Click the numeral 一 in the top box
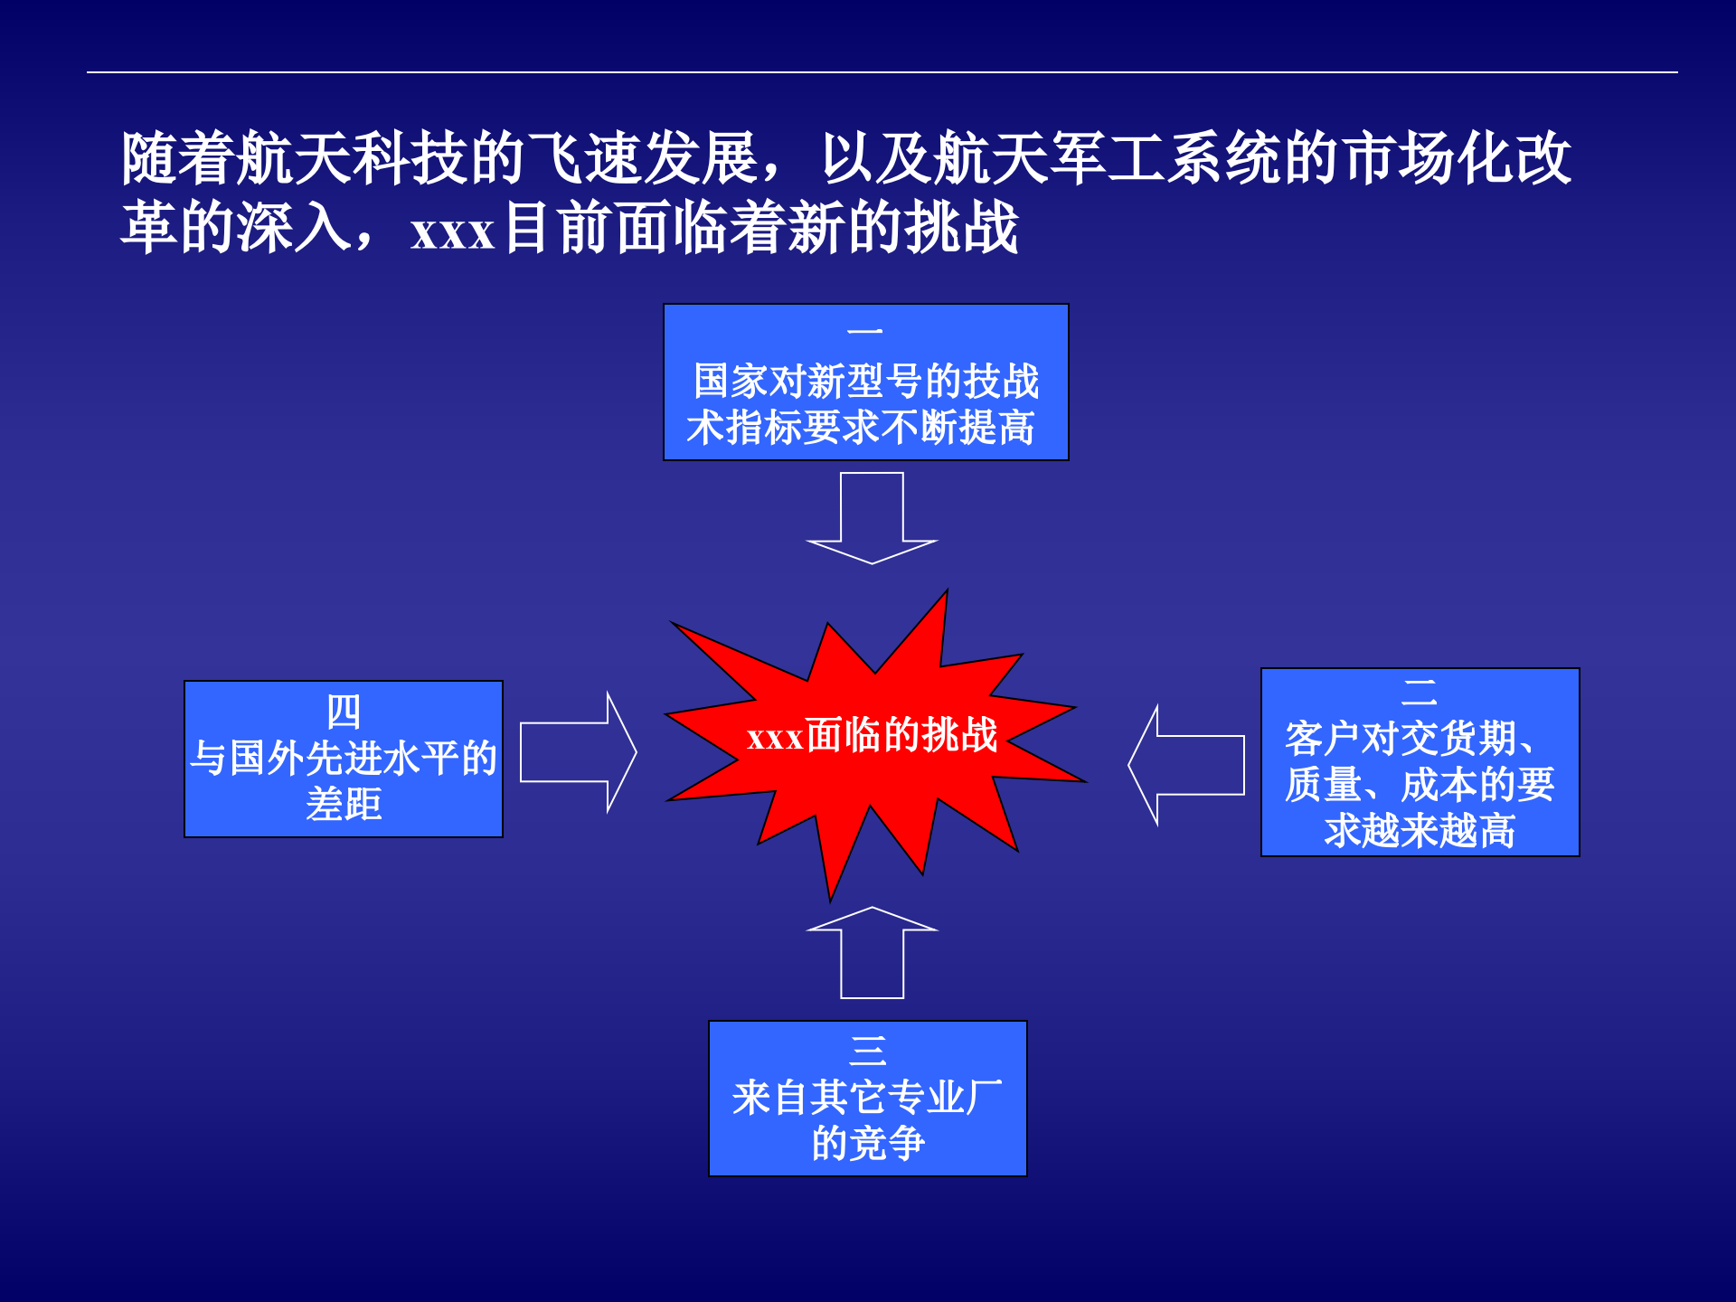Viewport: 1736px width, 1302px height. [865, 332]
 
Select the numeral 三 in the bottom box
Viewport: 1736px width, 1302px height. [868, 1050]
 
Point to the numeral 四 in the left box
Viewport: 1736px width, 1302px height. [344, 712]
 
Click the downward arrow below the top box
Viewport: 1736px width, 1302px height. [872, 520]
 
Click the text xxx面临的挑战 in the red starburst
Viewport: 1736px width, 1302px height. [872, 735]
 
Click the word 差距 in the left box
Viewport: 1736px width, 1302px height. [344, 804]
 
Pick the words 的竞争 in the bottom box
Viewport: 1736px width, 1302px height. [868, 1143]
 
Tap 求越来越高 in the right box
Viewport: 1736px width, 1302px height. [1420, 830]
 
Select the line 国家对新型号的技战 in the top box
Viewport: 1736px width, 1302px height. [865, 381]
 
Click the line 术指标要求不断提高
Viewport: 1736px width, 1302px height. [861, 427]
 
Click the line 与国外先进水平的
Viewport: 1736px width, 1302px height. [344, 758]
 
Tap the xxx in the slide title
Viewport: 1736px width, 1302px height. [452, 231]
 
